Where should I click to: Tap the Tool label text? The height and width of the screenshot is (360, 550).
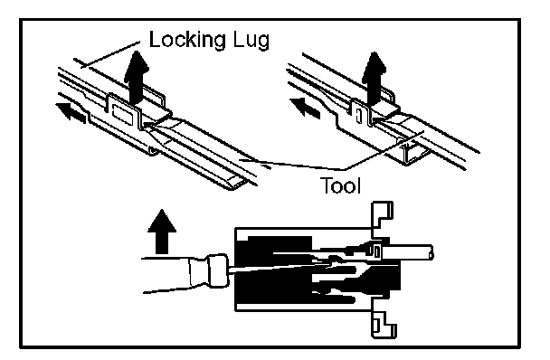click(x=341, y=185)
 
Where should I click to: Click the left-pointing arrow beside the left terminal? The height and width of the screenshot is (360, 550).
click(x=71, y=112)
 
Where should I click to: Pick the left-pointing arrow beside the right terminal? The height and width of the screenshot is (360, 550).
click(x=305, y=108)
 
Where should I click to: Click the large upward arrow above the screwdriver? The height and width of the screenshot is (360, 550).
click(x=162, y=232)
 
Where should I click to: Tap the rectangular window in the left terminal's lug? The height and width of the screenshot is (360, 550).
click(x=121, y=114)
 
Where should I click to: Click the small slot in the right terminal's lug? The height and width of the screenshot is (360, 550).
click(x=359, y=116)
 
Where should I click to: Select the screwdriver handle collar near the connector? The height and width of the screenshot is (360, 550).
click(x=218, y=270)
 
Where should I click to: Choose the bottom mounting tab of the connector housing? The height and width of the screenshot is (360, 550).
click(x=384, y=323)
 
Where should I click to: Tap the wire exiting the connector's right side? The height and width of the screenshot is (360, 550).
click(x=409, y=251)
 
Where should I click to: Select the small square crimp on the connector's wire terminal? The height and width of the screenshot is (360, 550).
click(x=375, y=251)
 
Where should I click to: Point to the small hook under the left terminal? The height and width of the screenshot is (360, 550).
click(x=152, y=151)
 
